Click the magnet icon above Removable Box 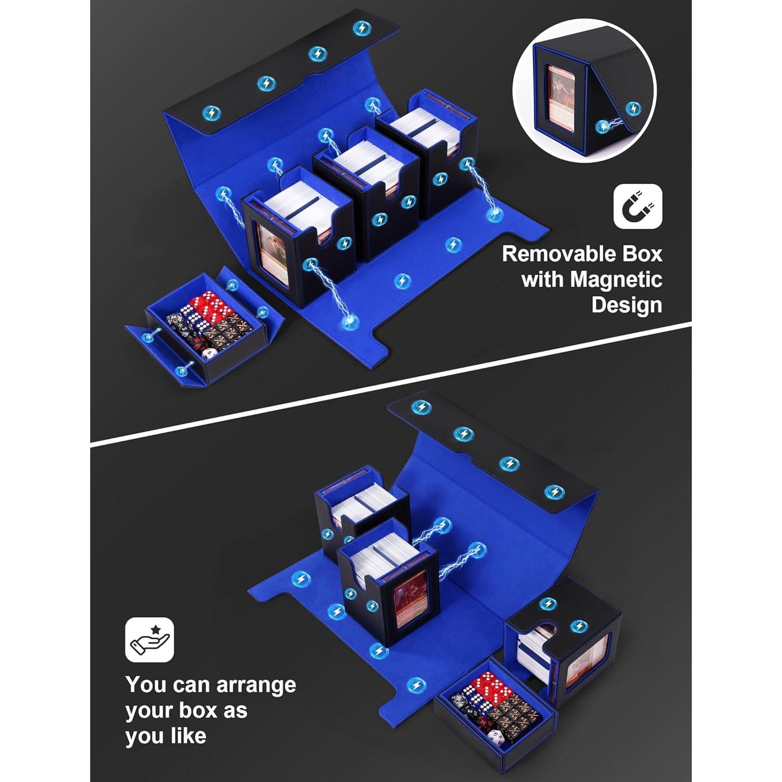coord(638,206)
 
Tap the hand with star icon coord(149,640)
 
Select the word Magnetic coord(616,279)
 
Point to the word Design coord(626,304)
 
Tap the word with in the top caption coord(542,279)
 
